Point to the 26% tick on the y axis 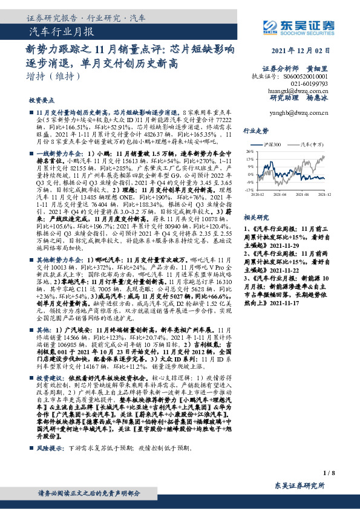(249, 152)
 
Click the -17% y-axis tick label (249, 189)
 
